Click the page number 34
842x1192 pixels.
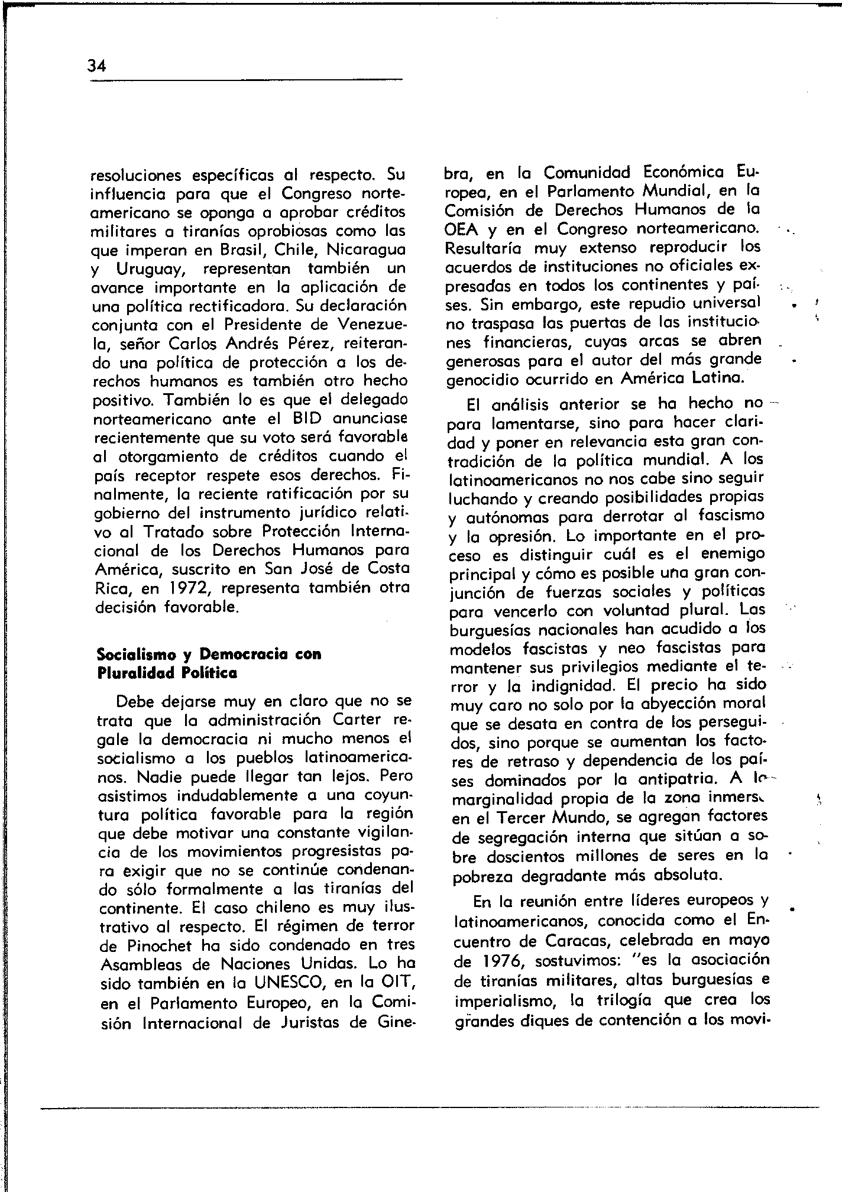[x=96, y=66]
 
